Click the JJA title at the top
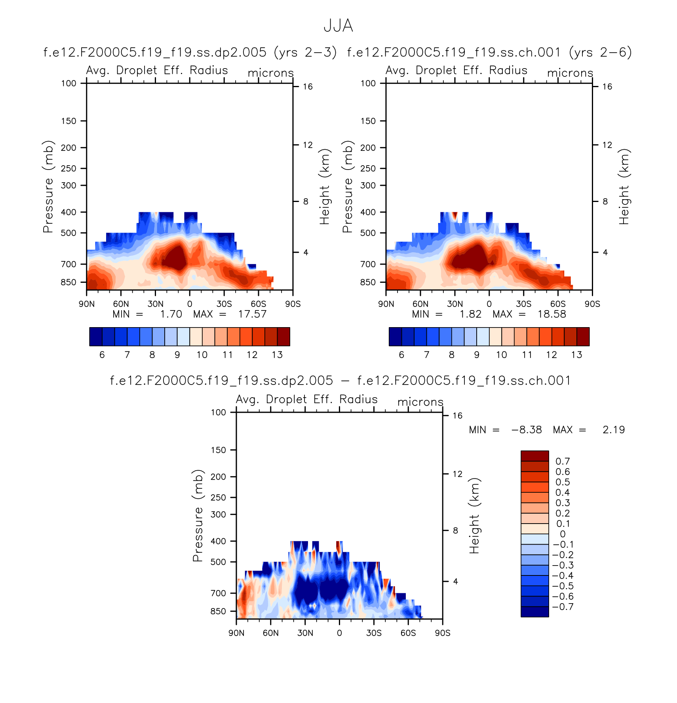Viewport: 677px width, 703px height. tap(338, 26)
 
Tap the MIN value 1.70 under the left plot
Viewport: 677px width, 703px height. tap(171, 314)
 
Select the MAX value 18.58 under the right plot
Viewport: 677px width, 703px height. tap(551, 314)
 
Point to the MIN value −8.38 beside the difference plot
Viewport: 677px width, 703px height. tap(527, 430)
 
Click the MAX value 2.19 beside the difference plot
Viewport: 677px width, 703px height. tap(614, 430)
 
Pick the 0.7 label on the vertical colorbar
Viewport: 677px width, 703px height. tap(563, 461)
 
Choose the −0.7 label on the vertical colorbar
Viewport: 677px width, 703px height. tap(563, 607)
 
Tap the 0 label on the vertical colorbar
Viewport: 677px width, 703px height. tap(563, 534)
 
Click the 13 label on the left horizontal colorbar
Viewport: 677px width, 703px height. tap(277, 355)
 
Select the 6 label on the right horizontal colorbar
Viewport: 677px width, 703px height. tap(401, 355)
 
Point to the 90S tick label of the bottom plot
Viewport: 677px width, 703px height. tap(443, 633)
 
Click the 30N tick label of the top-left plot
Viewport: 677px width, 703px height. tap(155, 304)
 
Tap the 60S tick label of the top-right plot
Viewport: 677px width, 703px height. tap(558, 304)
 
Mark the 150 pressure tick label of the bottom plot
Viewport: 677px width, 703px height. tap(218, 450)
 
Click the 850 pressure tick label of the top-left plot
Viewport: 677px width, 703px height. tap(68, 282)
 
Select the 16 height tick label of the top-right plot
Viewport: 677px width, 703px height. tap(607, 87)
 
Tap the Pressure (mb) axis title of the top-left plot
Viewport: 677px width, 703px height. tap(48, 187)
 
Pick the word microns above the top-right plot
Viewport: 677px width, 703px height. tap(570, 73)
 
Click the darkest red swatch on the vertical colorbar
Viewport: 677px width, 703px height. tap(534, 456)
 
